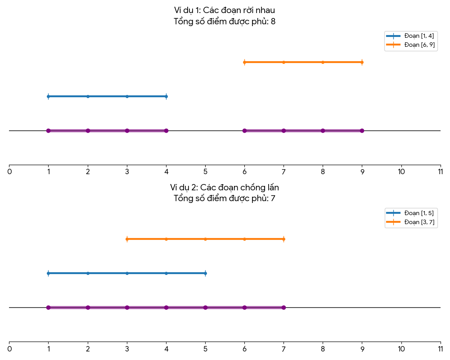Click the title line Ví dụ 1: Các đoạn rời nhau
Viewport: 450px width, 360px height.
pos(225,10)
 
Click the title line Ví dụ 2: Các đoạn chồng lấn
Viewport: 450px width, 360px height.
pos(225,187)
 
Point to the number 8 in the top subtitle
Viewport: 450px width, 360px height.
pos(273,22)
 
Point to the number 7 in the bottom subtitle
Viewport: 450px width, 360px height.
pos(273,198)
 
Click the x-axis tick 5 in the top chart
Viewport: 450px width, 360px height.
pos(205,171)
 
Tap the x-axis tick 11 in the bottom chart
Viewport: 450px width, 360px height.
pos(440,348)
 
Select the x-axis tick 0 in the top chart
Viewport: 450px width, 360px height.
pos(9,171)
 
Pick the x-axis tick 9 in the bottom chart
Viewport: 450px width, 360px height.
pos(362,348)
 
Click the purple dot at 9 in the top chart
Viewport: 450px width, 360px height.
pos(362,130)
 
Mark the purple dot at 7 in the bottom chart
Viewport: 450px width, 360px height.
pos(283,307)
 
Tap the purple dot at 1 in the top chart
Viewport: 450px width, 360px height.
pos(48,130)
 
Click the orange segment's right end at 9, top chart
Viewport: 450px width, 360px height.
pos(362,62)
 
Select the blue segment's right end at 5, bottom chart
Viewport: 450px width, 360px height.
pos(205,273)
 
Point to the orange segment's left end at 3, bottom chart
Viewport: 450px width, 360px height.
pos(127,239)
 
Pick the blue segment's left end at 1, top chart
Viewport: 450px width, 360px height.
pos(48,96)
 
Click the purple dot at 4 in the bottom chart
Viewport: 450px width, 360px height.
pos(166,307)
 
